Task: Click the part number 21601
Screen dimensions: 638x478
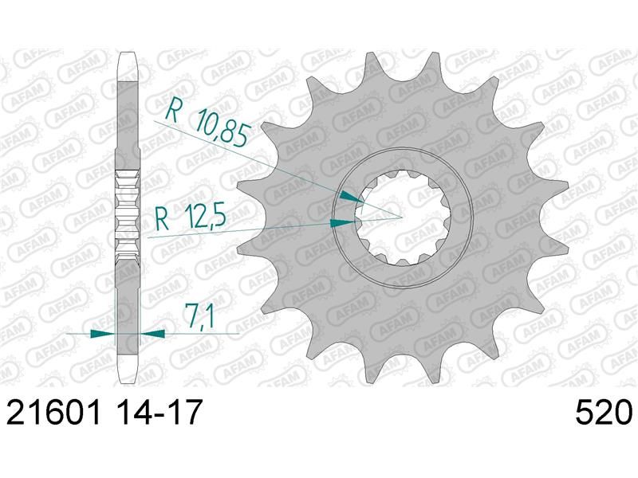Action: pos(53,411)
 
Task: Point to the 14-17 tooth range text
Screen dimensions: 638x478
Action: pos(157,411)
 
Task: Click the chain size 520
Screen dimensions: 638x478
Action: pos(604,411)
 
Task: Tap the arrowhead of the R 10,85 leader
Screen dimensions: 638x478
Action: pos(352,197)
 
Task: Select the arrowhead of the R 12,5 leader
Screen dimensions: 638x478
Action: pos(343,223)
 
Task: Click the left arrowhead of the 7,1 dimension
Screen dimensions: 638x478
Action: pos(103,334)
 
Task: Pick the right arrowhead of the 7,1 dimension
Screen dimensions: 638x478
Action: pos(152,334)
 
